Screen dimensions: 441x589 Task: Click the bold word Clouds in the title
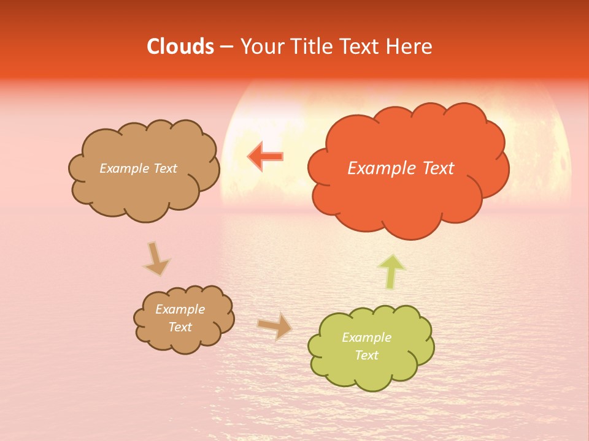(x=180, y=47)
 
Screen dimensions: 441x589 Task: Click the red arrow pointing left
(x=265, y=156)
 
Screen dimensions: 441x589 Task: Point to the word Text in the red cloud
(x=438, y=168)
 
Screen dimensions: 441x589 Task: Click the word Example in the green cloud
(x=366, y=337)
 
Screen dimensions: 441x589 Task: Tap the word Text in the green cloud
(x=367, y=355)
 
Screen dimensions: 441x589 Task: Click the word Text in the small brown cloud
(x=180, y=327)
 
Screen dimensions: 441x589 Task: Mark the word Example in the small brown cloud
(x=180, y=309)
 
